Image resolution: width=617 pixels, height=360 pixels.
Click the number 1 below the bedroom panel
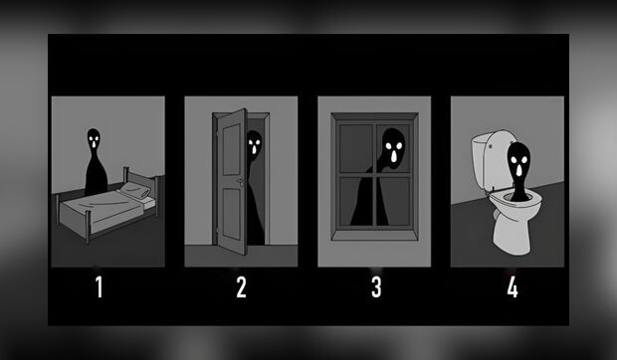[x=100, y=286]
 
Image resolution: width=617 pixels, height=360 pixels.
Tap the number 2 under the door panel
[x=241, y=286]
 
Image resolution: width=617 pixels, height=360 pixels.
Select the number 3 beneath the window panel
[x=376, y=286]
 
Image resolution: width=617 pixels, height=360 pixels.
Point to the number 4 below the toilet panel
[x=513, y=286]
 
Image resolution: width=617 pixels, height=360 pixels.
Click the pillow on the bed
[x=135, y=190]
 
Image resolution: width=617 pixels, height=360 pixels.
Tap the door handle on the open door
[x=240, y=182]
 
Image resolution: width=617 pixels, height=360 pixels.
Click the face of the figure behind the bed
[x=94, y=139]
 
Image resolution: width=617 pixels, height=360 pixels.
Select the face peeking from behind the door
[x=254, y=144]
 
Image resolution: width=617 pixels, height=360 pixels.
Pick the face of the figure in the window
[x=393, y=148]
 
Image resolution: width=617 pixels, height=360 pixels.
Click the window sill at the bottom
[x=374, y=235]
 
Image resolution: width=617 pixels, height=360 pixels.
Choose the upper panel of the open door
[x=231, y=150]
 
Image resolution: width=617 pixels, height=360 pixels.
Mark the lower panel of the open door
[x=231, y=214]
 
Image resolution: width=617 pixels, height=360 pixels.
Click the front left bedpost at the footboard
[x=88, y=227]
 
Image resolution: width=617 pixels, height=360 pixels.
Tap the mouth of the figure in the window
[x=394, y=157]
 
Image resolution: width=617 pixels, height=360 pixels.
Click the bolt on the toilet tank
[x=491, y=146]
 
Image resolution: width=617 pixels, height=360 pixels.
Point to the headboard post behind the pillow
[x=126, y=175]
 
